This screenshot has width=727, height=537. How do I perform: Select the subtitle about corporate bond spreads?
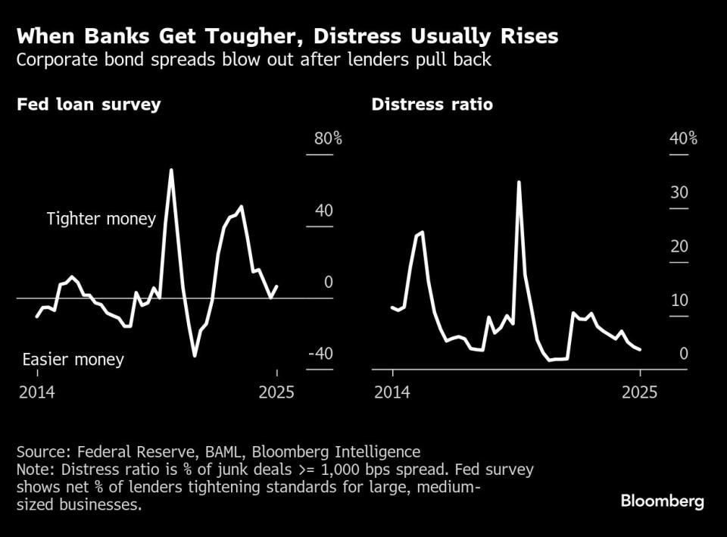pyautogui.click(x=254, y=60)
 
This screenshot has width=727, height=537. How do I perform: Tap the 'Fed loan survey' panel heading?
pyautogui.click(x=89, y=105)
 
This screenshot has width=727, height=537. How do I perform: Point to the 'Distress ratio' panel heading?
pyautogui.click(x=432, y=105)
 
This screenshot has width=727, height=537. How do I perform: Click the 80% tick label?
pyautogui.click(x=328, y=139)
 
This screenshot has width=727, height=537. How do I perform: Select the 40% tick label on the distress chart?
pyautogui.click(x=683, y=139)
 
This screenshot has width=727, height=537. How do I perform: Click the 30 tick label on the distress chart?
pyautogui.click(x=679, y=192)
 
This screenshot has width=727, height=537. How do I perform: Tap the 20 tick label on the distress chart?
pyautogui.click(x=679, y=246)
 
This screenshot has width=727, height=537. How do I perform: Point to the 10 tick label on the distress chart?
pyautogui.click(x=679, y=301)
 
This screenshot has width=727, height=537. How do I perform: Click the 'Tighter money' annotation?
pyautogui.click(x=101, y=219)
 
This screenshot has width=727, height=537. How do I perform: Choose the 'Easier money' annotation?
pyautogui.click(x=73, y=359)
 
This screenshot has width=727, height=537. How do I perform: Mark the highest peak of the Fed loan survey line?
pyautogui.click(x=171, y=170)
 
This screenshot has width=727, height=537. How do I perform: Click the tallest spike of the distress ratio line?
pyautogui.click(x=519, y=182)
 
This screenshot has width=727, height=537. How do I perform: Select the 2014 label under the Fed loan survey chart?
pyautogui.click(x=37, y=392)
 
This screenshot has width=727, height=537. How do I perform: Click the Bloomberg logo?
pyautogui.click(x=662, y=501)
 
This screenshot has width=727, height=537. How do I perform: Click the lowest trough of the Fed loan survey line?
pyautogui.click(x=195, y=355)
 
